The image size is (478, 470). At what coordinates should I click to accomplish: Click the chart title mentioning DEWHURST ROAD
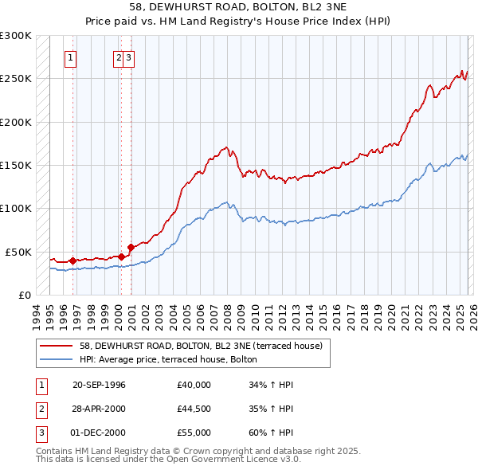238,7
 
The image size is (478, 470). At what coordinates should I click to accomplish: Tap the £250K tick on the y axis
16,79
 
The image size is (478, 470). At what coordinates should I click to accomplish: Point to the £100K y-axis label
16,208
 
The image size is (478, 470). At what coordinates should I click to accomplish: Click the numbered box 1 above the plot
71,57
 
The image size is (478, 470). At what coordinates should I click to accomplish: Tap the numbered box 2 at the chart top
118,57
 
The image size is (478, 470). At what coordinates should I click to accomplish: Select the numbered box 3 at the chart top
128,57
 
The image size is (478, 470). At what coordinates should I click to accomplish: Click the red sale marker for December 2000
131,248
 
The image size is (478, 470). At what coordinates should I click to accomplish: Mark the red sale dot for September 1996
72,260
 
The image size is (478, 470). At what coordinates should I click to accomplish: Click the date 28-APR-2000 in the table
99,409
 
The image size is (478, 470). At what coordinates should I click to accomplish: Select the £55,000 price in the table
194,433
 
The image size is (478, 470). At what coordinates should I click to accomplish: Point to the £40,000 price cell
194,385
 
